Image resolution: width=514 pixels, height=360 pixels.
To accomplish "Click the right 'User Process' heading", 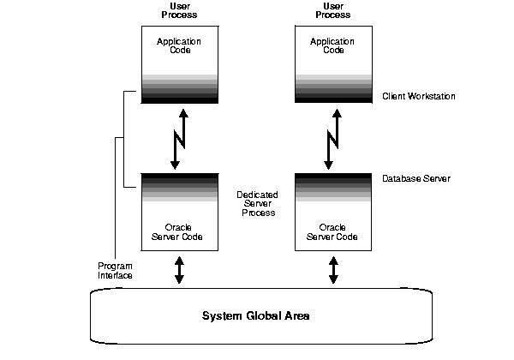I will [x=332, y=11].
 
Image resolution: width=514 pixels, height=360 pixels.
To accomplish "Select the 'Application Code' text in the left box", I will [x=178, y=45].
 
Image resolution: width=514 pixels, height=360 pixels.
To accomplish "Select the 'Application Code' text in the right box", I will [x=332, y=45].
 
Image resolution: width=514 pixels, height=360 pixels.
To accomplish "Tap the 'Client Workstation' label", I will [x=419, y=97].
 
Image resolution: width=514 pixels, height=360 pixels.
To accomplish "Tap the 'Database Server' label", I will [x=416, y=179].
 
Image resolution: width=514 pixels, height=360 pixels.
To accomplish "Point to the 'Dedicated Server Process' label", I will [x=257, y=203].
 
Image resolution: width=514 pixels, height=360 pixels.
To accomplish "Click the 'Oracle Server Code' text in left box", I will [x=178, y=231].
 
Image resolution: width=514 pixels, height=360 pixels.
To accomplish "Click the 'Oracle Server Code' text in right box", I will [x=332, y=231].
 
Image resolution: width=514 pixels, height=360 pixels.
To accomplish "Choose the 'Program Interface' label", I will [x=116, y=270].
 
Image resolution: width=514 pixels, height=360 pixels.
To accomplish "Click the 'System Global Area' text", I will [x=255, y=315].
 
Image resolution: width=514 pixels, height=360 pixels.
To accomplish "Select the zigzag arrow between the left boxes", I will [x=178, y=138].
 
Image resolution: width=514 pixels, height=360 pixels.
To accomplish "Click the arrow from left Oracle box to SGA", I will [x=178, y=269].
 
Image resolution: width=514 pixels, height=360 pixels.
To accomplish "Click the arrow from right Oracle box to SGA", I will [x=332, y=269].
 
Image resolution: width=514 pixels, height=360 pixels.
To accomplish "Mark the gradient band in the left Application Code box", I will [x=178, y=89].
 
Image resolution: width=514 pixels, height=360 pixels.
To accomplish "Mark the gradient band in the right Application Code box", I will [x=332, y=89].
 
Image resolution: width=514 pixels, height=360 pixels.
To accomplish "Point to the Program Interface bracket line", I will [x=124, y=137].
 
